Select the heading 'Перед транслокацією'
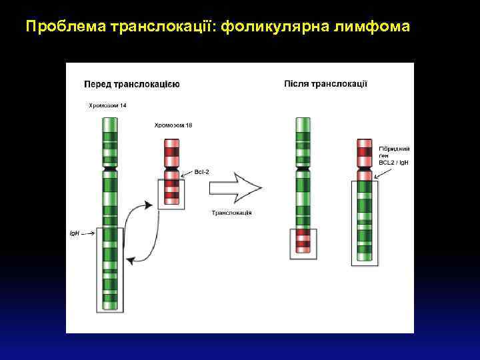coord(131,84)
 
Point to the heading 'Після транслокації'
coord(325,83)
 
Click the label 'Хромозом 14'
coord(107,105)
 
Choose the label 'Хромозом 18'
coord(173,125)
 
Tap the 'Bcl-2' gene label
coord(202,171)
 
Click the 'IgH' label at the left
coord(75,234)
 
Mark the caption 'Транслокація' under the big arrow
coord(231,213)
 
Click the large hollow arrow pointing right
coord(235,187)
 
